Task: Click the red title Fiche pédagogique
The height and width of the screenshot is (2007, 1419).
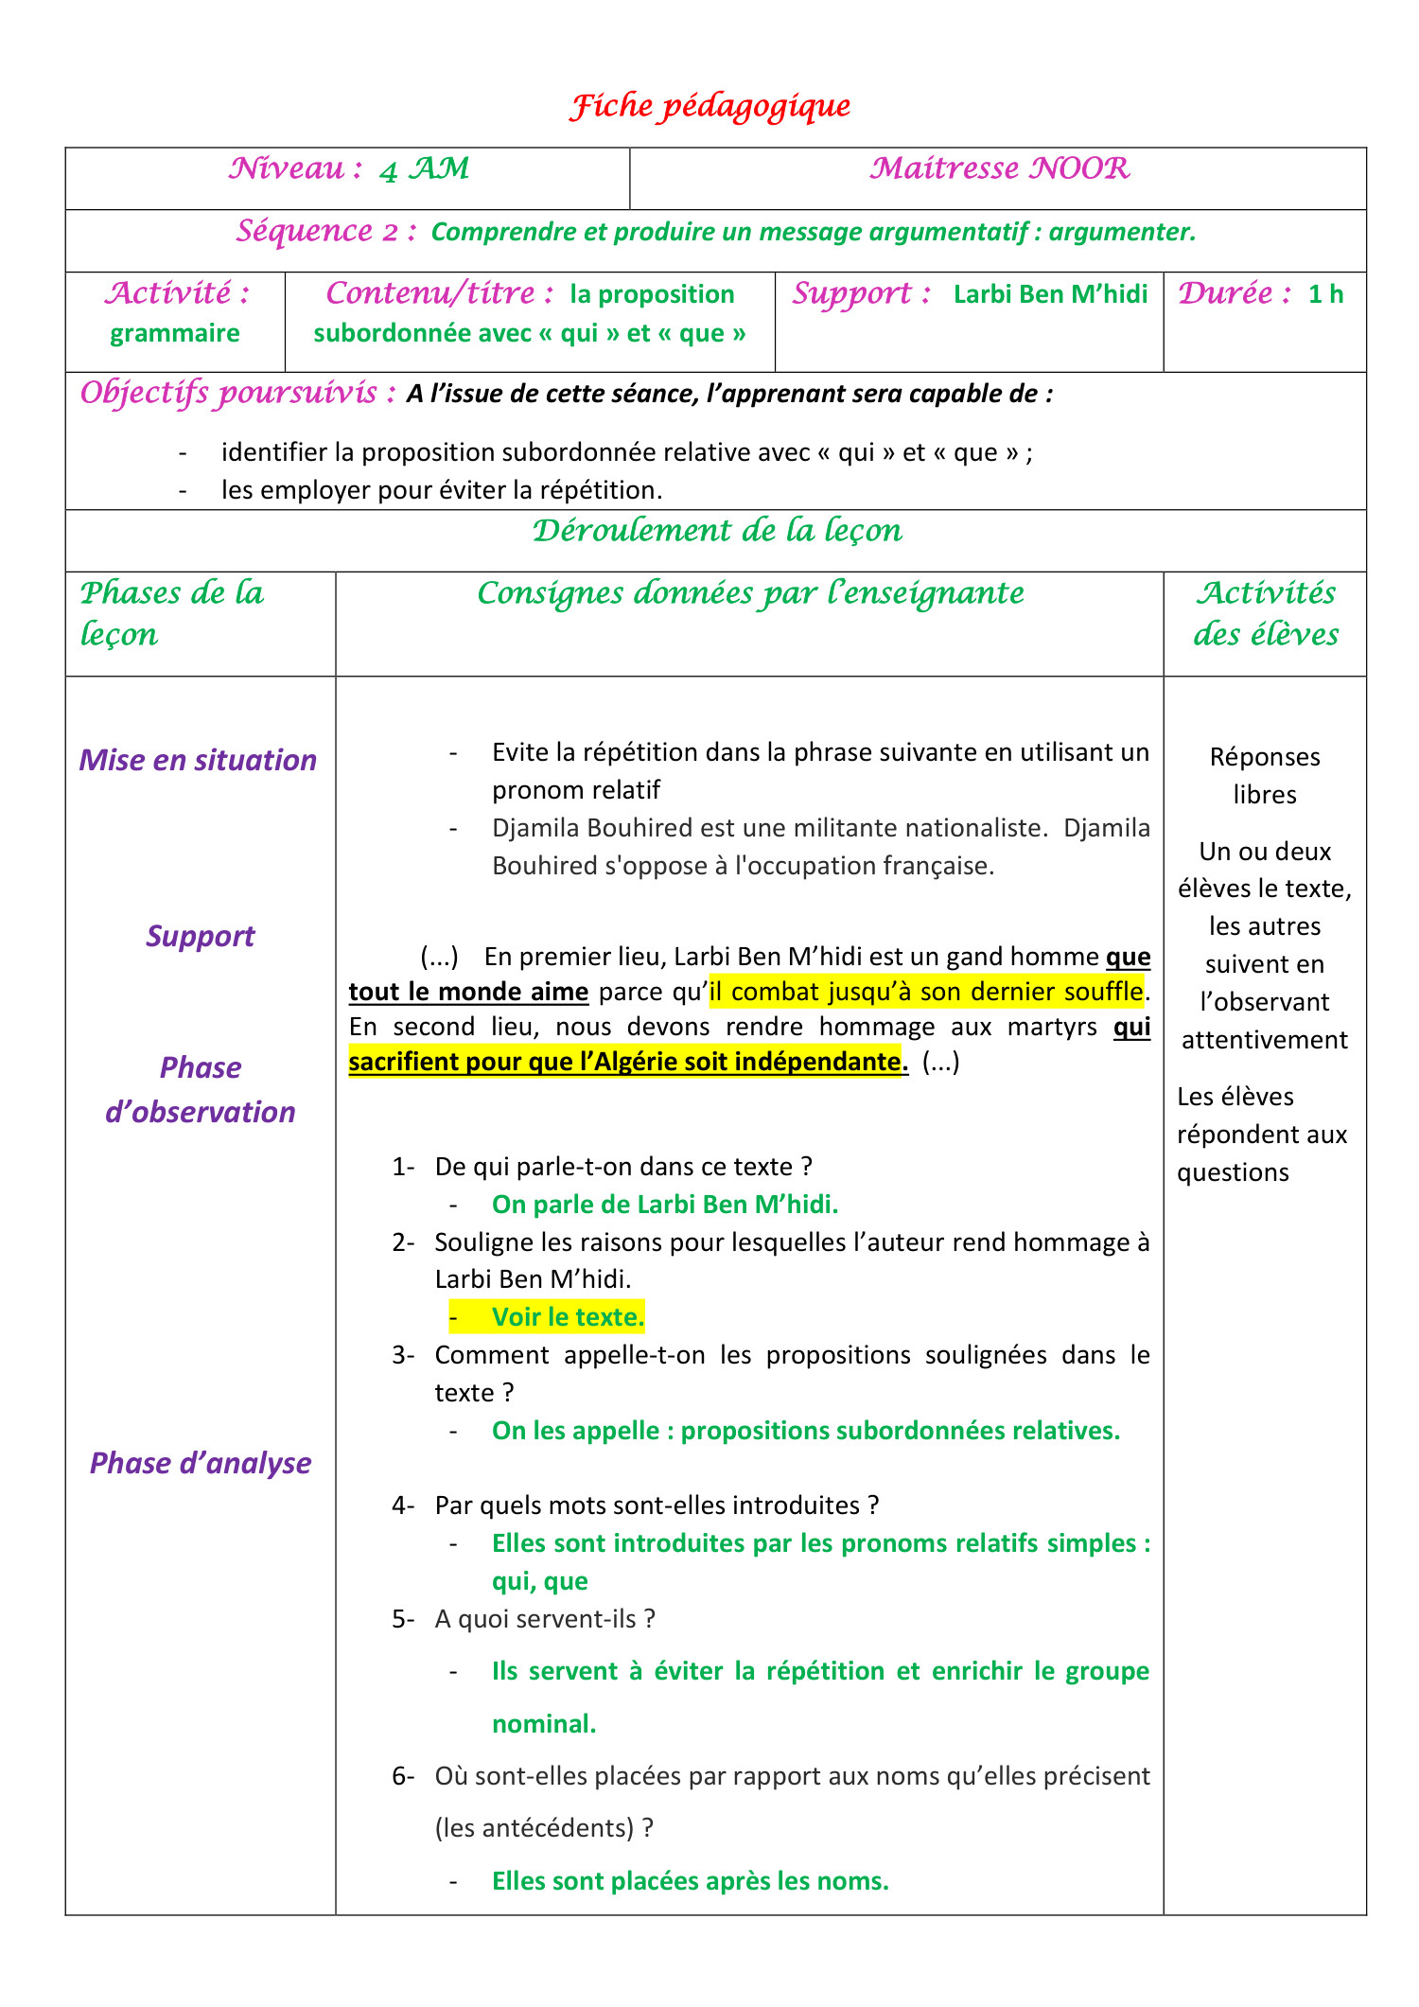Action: point(709,106)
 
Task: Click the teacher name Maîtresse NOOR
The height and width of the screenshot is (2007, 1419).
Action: point(999,169)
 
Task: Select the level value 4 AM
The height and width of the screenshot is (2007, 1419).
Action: point(425,170)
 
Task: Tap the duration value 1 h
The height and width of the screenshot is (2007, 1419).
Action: point(1325,294)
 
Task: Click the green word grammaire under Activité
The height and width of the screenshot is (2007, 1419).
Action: point(175,333)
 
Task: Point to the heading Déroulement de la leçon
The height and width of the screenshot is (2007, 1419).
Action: point(717,531)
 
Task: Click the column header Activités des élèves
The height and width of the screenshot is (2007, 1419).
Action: point(1265,613)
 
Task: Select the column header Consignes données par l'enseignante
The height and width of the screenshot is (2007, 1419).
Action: point(750,593)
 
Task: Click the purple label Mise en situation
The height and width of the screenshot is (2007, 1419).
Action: point(199,760)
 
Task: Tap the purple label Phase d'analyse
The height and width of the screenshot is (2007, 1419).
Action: point(201,1463)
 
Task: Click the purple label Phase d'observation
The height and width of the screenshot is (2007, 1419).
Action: point(201,1089)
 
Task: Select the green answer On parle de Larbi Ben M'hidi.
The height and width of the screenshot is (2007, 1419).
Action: point(665,1204)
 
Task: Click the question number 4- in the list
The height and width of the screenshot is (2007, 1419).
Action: point(403,1505)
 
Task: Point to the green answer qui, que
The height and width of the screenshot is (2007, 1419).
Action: point(539,1581)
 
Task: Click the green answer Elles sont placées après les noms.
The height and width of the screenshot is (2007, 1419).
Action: point(691,1880)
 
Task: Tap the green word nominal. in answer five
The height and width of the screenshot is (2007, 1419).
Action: point(544,1723)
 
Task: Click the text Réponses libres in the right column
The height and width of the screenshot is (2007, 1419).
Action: point(1265,775)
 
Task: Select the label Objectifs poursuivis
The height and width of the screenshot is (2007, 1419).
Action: point(237,393)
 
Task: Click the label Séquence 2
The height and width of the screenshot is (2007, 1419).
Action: point(326,232)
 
